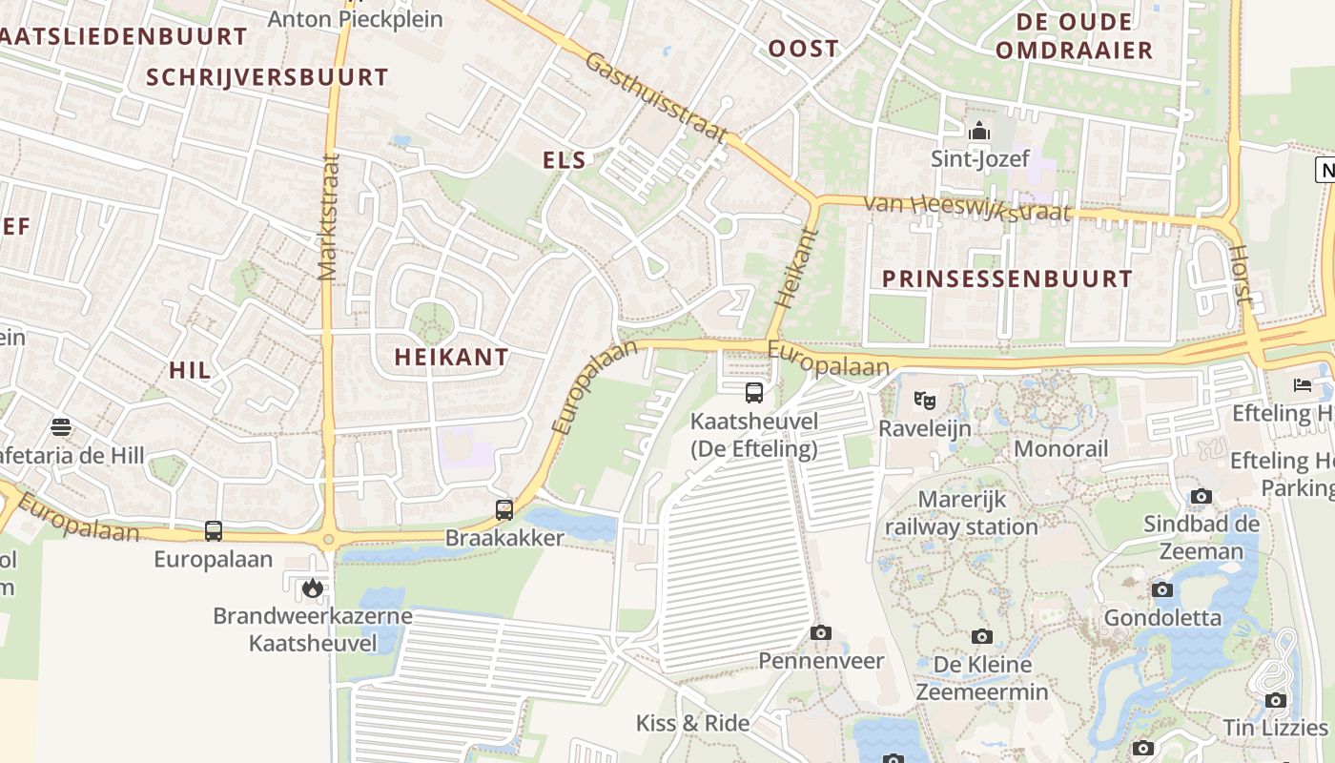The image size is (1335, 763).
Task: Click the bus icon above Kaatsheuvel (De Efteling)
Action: (753, 392)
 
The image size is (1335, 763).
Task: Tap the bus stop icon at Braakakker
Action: (504, 510)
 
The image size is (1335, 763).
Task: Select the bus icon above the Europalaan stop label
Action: (214, 531)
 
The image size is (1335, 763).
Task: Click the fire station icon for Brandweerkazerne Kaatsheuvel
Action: (312, 588)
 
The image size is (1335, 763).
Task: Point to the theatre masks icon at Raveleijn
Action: (924, 400)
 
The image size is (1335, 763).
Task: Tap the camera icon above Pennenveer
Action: (820, 632)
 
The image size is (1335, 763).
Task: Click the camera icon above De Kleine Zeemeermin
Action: (982, 636)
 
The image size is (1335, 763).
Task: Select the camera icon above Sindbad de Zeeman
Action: (1201, 496)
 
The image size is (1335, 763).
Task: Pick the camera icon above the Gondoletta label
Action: (1161, 589)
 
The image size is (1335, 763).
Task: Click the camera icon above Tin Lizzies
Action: (1276, 700)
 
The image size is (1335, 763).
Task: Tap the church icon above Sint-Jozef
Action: (978, 132)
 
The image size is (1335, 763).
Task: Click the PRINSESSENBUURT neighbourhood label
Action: (1007, 279)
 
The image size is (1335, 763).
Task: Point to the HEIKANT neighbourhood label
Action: (452, 357)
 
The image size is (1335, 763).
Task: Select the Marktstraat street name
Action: (329, 217)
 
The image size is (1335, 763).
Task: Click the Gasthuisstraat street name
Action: (656, 97)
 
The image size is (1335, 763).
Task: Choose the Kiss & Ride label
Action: (692, 723)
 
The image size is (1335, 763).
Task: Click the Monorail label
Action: (1060, 448)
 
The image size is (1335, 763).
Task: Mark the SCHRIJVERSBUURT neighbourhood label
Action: (268, 77)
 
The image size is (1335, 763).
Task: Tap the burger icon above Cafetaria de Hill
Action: (61, 426)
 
